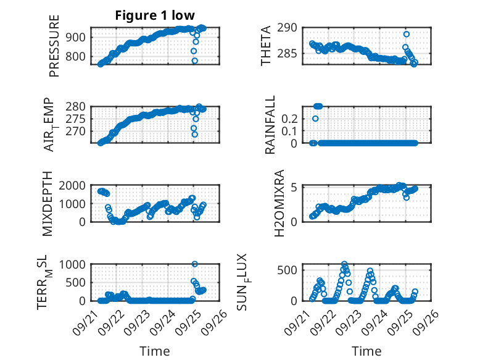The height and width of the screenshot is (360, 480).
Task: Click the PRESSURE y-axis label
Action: click(54, 49)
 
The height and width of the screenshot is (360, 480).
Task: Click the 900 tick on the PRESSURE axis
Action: click(78, 37)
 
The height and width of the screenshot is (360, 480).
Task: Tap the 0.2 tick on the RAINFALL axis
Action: click(289, 118)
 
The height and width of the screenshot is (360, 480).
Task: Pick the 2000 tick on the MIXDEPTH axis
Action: click(74, 186)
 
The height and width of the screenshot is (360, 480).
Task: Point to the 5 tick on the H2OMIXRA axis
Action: click(295, 188)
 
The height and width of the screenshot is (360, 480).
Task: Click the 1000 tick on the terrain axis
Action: click(74, 264)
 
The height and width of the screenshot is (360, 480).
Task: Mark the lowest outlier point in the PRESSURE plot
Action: click(195, 61)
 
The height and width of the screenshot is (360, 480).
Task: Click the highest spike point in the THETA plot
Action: click(406, 34)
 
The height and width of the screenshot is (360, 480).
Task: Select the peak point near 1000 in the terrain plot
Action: click(195, 264)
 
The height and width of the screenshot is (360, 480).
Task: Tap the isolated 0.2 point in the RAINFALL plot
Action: click(315, 119)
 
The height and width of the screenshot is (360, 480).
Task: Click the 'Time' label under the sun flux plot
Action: click(366, 351)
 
